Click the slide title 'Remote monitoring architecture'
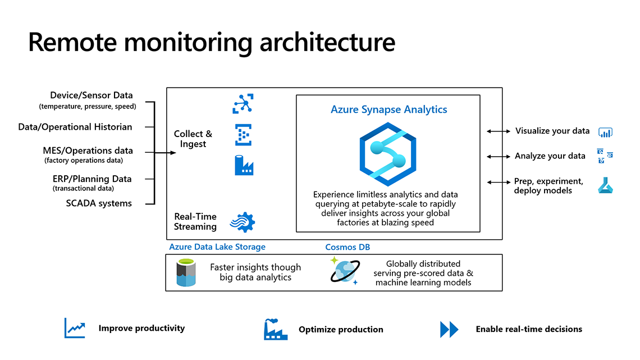click(212, 43)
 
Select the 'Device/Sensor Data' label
click(91, 95)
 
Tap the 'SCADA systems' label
click(99, 203)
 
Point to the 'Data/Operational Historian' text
click(75, 127)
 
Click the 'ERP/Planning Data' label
click(92, 179)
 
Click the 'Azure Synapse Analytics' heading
click(388, 110)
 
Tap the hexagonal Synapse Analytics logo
click(388, 153)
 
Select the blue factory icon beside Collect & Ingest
click(244, 165)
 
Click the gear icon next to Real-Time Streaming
click(243, 222)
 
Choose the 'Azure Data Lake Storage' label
click(217, 247)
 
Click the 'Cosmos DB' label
click(348, 247)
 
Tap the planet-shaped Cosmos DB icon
click(344, 271)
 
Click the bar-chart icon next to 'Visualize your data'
click(605, 132)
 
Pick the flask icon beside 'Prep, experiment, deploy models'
click(605, 185)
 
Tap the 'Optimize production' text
click(341, 330)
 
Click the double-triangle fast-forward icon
click(449, 329)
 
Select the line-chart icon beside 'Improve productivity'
click(75, 328)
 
